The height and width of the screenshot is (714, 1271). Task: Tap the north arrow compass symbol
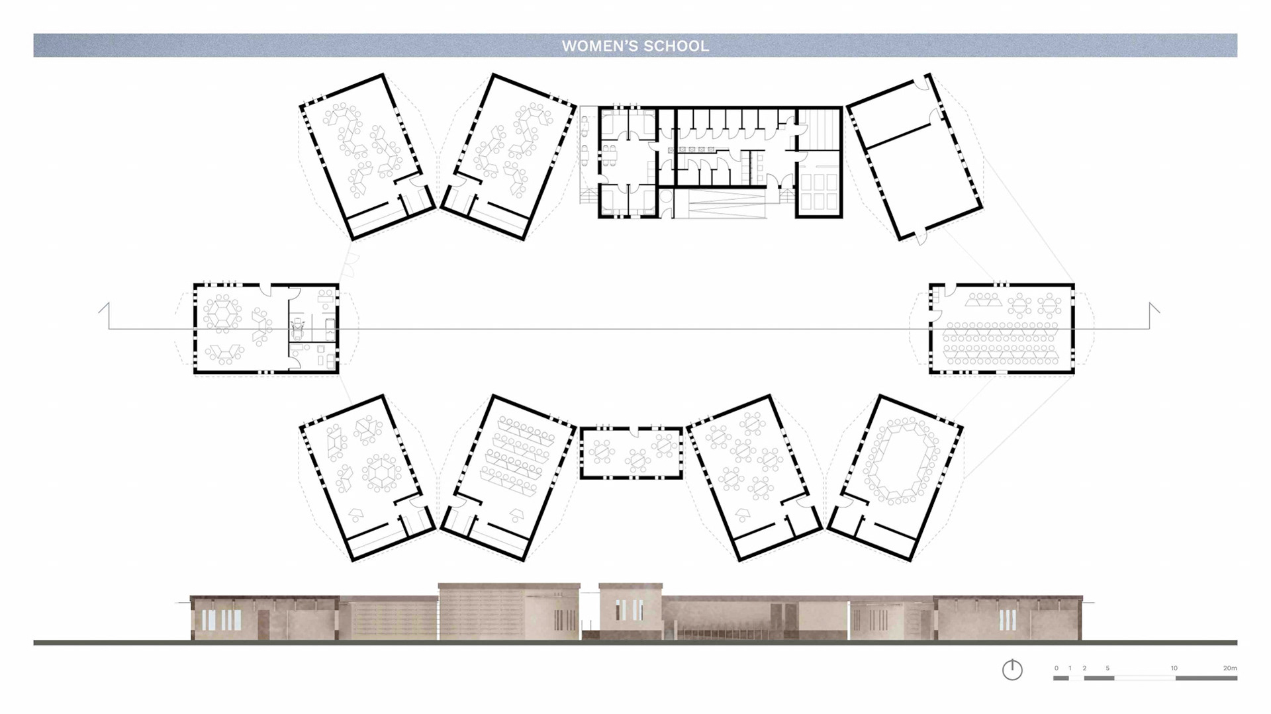(x=1012, y=670)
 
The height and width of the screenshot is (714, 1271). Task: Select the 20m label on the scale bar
(x=1229, y=668)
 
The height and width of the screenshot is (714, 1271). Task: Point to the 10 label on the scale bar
(x=1174, y=668)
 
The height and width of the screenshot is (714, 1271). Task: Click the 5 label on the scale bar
(x=1107, y=668)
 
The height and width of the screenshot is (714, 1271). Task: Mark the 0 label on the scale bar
(x=1057, y=668)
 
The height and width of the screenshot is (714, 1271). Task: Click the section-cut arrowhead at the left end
(x=104, y=308)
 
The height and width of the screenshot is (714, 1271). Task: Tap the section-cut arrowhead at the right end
(x=1154, y=308)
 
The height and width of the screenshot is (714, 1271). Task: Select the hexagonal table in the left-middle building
(x=222, y=313)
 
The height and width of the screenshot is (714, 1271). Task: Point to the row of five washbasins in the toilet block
(x=694, y=150)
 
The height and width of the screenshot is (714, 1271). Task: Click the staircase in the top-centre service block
(x=819, y=130)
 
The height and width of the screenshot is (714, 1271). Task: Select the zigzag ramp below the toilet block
(x=726, y=203)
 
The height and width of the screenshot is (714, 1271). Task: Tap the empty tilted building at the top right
(x=915, y=157)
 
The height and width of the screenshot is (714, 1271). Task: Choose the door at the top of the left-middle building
(x=265, y=290)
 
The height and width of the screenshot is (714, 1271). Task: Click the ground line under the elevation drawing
(x=635, y=643)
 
